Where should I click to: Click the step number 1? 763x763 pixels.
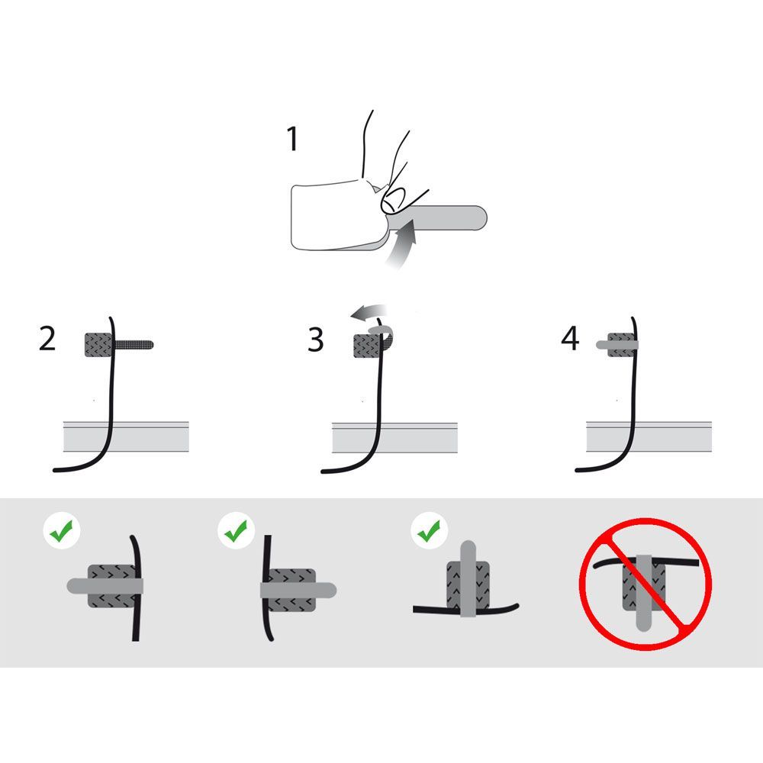292,139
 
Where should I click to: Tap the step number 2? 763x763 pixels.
47,339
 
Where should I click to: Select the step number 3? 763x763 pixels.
316,340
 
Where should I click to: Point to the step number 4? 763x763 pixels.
570,338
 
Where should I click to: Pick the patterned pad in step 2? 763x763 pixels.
99,345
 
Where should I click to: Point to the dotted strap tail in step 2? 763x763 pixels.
134,345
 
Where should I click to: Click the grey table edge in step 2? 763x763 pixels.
126,436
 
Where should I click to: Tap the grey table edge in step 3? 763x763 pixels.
394,437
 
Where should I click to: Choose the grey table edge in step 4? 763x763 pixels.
649,436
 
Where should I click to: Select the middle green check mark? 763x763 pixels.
237,530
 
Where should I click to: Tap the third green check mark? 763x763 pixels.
430,530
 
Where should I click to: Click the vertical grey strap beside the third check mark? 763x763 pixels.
468,578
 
